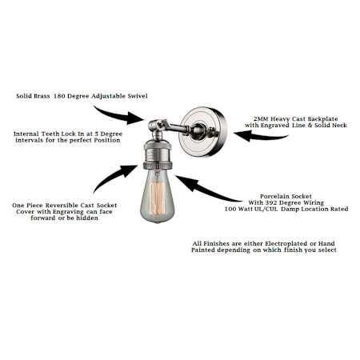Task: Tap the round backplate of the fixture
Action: (x=202, y=131)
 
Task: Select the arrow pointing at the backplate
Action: (x=260, y=136)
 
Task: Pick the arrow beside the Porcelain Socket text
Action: (x=206, y=190)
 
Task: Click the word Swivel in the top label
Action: (x=138, y=96)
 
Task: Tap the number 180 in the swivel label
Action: (x=59, y=96)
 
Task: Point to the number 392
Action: (x=270, y=202)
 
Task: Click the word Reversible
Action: (x=58, y=206)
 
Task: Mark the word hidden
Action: (x=87, y=218)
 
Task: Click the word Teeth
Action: (x=50, y=134)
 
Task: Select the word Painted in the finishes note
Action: (x=203, y=250)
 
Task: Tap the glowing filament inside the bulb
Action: (x=157, y=198)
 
